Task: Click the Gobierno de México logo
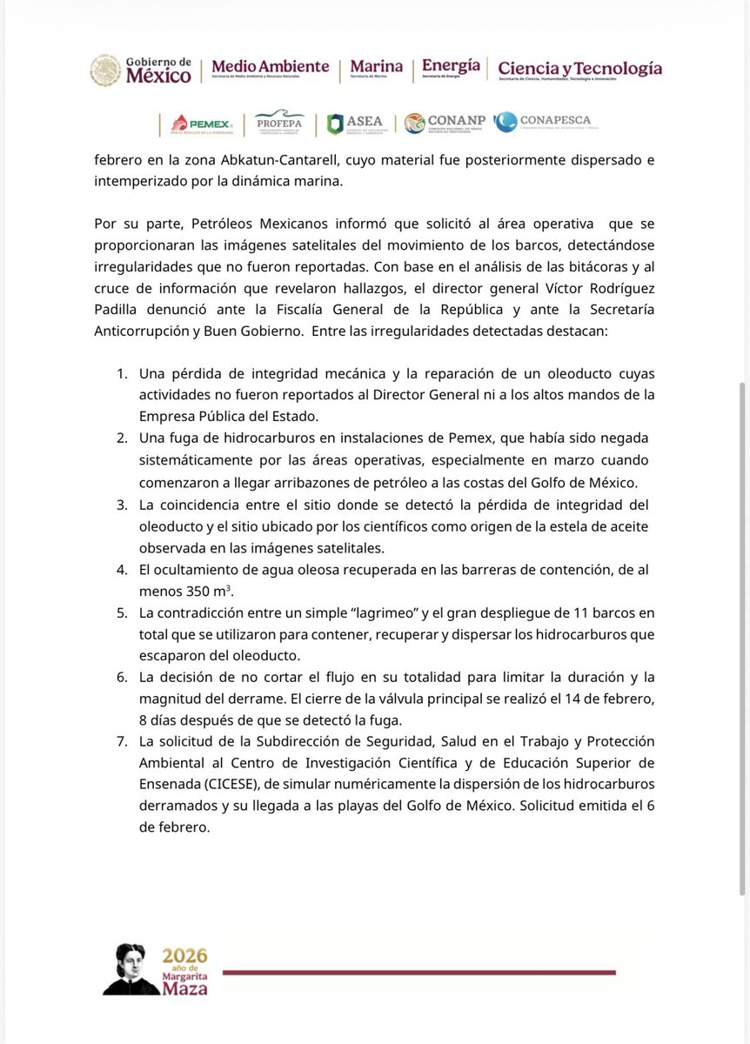pos(141,70)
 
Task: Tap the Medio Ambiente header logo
pos(270,70)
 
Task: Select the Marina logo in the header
pos(376,70)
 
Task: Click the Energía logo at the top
pos(450,70)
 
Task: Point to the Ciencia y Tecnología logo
pos(579,70)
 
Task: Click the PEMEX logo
pos(197,124)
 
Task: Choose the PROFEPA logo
pos(278,124)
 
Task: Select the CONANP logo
pos(444,124)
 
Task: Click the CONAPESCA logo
pos(542,123)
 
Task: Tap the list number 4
pos(123,569)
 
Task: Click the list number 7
pos(123,740)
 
